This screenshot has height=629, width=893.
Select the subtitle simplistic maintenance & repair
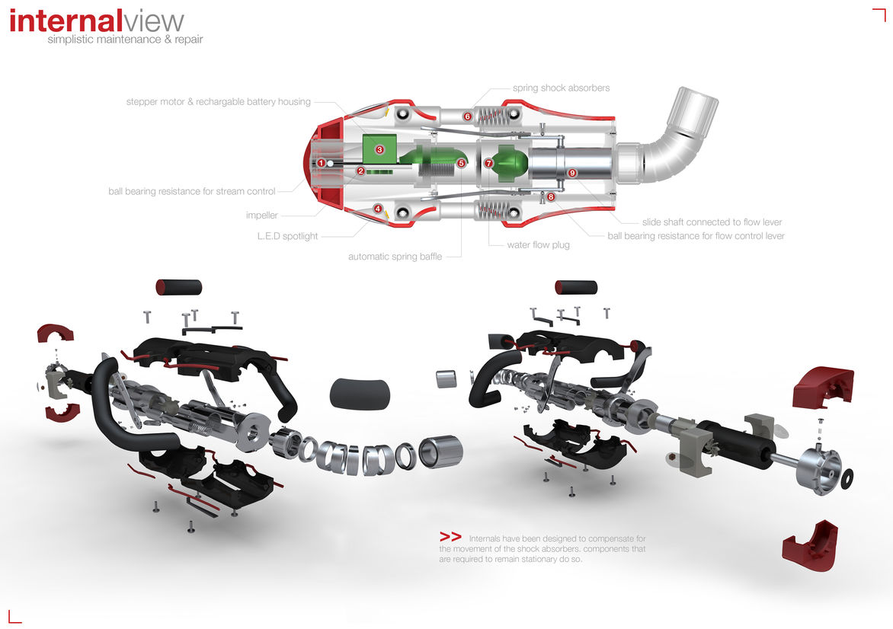pyautogui.click(x=125, y=39)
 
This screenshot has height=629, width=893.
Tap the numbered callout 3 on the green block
pyautogui.click(x=379, y=150)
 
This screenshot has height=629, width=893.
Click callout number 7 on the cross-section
pyautogui.click(x=489, y=163)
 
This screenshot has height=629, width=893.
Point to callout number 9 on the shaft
pyautogui.click(x=572, y=173)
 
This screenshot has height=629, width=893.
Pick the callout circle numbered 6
pyautogui.click(x=467, y=117)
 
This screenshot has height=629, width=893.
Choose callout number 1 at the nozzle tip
pyautogui.click(x=322, y=163)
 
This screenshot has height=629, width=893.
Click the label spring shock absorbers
pyautogui.click(x=561, y=88)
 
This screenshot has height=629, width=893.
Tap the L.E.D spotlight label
pyautogui.click(x=287, y=236)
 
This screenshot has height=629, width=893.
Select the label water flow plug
pyautogui.click(x=538, y=245)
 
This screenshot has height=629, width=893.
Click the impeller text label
pyautogui.click(x=261, y=216)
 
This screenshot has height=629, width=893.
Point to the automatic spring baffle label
pyautogui.click(x=395, y=257)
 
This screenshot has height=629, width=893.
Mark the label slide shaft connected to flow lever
pyautogui.click(x=712, y=222)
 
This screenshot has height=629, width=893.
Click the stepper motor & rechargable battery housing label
pyautogui.click(x=219, y=102)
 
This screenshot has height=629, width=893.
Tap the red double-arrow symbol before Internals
pyautogui.click(x=450, y=536)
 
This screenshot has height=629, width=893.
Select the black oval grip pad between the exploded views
pyautogui.click(x=360, y=394)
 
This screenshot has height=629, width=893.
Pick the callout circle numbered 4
pyautogui.click(x=378, y=208)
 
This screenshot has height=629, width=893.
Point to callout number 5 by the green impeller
pyautogui.click(x=461, y=163)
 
